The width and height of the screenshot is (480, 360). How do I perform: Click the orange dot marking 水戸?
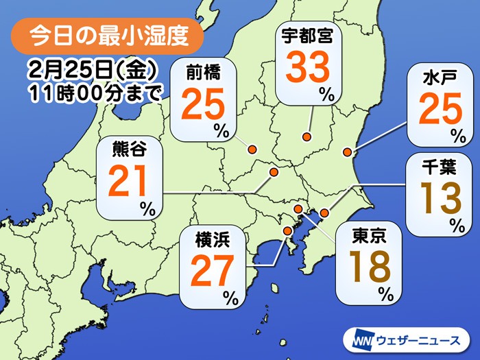348,152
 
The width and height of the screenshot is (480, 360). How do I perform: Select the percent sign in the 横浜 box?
232,296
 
